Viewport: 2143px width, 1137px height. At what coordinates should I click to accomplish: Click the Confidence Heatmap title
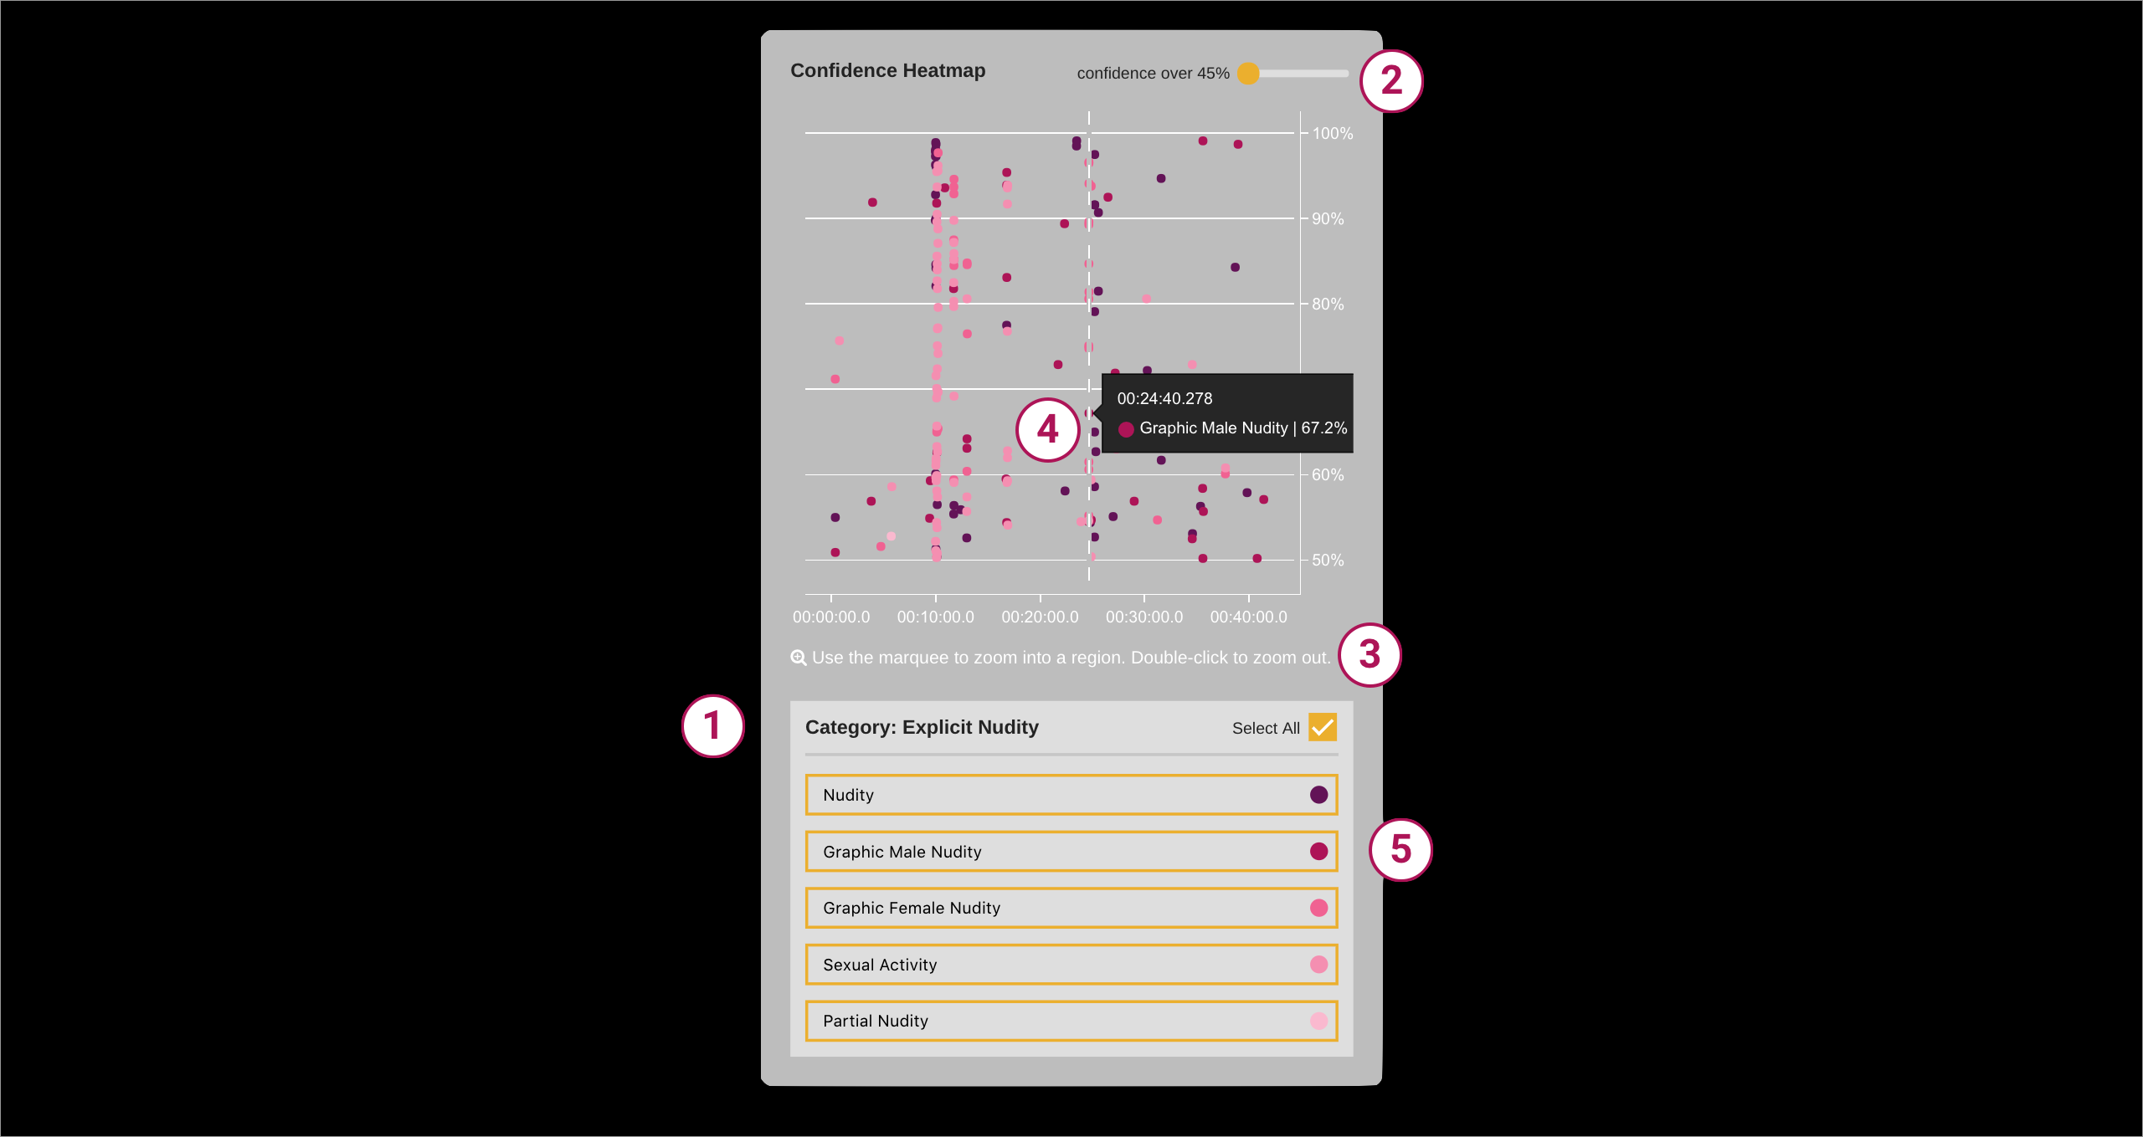click(887, 71)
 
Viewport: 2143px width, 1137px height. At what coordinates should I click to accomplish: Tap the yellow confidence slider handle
click(1248, 74)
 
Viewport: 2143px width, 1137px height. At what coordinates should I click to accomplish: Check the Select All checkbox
click(1323, 727)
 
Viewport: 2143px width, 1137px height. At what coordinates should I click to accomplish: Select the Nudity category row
click(1071, 795)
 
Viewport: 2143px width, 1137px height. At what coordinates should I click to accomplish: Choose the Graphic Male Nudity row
click(1071, 852)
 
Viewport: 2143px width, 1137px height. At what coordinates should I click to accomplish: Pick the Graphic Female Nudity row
click(1071, 908)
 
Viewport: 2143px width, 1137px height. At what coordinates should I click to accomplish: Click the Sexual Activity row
click(1071, 965)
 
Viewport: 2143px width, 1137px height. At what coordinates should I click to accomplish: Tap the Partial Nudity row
click(1071, 1021)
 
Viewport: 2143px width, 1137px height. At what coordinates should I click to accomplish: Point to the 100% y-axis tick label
click(1332, 134)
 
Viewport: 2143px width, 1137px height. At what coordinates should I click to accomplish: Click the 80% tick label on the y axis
click(1328, 305)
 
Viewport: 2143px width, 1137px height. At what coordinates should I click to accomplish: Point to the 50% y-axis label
click(1328, 561)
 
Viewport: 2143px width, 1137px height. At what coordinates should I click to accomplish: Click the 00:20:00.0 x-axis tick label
click(1040, 617)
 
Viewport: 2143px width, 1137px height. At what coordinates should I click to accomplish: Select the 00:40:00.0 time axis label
click(1248, 617)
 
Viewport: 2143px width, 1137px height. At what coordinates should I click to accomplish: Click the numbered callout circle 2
click(1391, 80)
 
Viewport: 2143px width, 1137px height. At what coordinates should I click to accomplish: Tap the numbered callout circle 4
click(1047, 430)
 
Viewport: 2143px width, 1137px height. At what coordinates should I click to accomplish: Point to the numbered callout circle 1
click(713, 726)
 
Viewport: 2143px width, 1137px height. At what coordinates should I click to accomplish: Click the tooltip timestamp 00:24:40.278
click(1164, 399)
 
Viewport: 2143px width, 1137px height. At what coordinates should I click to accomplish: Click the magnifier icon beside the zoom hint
click(799, 658)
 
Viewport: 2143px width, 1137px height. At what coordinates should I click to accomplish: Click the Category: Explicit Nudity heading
click(922, 728)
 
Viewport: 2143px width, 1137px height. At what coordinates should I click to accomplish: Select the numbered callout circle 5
click(1400, 849)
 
